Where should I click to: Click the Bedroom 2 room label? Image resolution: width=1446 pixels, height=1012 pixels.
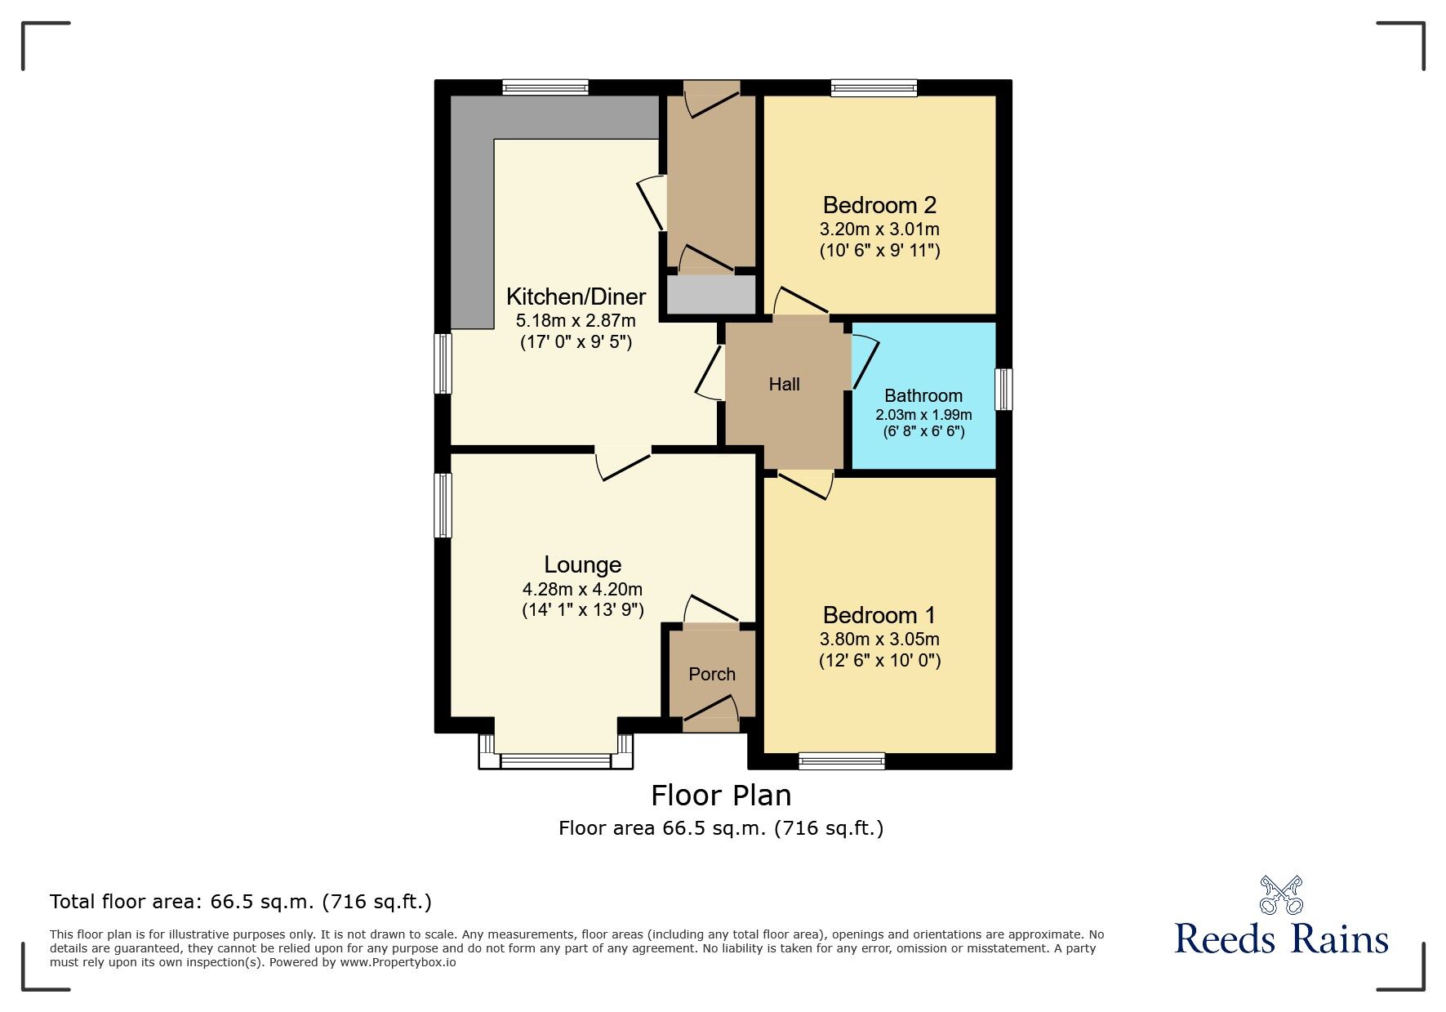pyautogui.click(x=879, y=205)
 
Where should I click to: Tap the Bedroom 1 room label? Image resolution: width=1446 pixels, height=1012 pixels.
pyautogui.click(x=879, y=615)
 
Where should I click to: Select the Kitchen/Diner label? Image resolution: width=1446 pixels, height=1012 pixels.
pyautogui.click(x=576, y=296)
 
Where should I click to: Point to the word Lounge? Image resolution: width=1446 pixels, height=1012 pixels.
pyautogui.click(x=583, y=565)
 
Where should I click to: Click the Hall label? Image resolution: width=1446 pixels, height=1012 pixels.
pyautogui.click(x=784, y=384)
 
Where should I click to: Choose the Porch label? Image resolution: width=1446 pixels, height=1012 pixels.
pyautogui.click(x=712, y=674)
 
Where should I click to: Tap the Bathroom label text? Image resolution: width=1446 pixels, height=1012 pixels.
pyautogui.click(x=923, y=395)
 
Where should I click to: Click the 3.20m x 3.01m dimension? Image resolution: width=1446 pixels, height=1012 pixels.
pyautogui.click(x=879, y=230)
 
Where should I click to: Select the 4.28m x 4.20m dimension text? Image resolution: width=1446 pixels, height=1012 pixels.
pyautogui.click(x=583, y=590)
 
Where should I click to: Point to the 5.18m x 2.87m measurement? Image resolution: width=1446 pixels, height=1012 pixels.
pyautogui.click(x=576, y=321)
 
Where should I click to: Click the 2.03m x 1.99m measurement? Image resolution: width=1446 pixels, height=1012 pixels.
pyautogui.click(x=923, y=415)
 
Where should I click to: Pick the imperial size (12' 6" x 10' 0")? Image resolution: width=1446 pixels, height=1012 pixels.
pyautogui.click(x=880, y=660)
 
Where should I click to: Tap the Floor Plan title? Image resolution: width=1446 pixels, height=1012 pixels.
pyautogui.click(x=721, y=796)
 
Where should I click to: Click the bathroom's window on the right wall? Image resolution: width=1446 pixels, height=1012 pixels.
pyautogui.click(x=1003, y=389)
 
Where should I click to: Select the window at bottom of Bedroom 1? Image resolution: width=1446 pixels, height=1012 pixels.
pyautogui.click(x=842, y=761)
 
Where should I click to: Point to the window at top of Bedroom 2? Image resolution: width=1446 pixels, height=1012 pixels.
pyautogui.click(x=874, y=87)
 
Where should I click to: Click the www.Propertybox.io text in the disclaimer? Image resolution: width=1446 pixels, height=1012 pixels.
pyautogui.click(x=398, y=962)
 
